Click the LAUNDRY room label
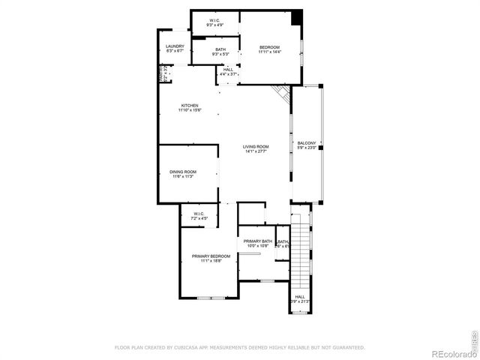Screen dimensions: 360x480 point(175,46)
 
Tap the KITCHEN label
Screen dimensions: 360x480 point(189,105)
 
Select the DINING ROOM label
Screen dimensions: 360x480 point(183,172)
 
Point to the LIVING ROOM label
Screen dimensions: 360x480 point(256,146)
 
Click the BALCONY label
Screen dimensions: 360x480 point(307,142)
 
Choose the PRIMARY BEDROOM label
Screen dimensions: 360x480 point(211,256)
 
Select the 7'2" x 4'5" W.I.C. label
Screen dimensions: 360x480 point(199,214)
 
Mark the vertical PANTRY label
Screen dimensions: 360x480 point(160,74)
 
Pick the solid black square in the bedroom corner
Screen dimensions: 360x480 point(297,16)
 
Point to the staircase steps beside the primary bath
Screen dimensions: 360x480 point(300,251)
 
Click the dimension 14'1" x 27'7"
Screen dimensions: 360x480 point(256,151)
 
